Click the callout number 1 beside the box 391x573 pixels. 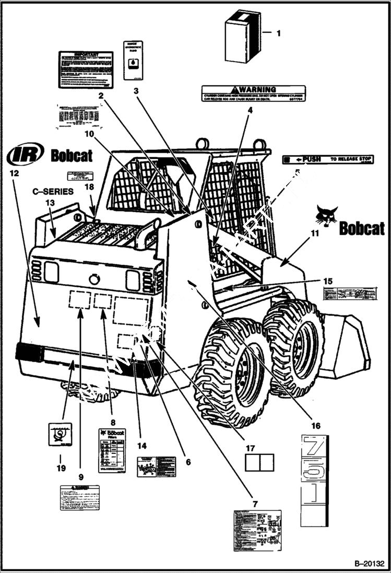[278, 33]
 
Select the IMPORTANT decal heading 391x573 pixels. [86, 54]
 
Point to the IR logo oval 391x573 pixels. [25, 155]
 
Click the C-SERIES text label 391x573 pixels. [53, 192]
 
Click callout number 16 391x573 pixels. [316, 426]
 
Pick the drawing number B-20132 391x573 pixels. [369, 564]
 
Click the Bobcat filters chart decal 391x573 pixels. [112, 450]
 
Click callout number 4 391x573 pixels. [250, 110]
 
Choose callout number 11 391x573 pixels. [314, 233]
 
